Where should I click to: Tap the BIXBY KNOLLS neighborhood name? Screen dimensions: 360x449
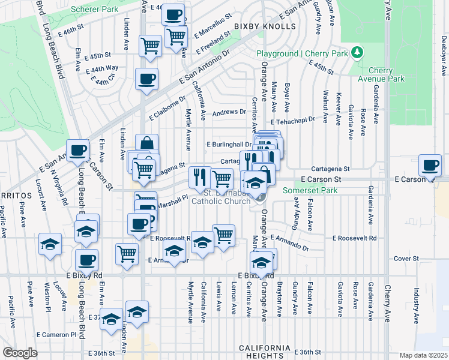(x=265, y=27)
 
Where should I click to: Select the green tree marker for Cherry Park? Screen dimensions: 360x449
(x=357, y=53)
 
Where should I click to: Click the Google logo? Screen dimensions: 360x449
(x=20, y=352)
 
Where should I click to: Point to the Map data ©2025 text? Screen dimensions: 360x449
(x=423, y=355)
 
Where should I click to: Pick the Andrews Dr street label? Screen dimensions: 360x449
(x=229, y=112)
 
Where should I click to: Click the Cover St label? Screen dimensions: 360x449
(x=406, y=259)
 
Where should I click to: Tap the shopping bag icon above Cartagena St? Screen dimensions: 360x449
(x=146, y=144)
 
